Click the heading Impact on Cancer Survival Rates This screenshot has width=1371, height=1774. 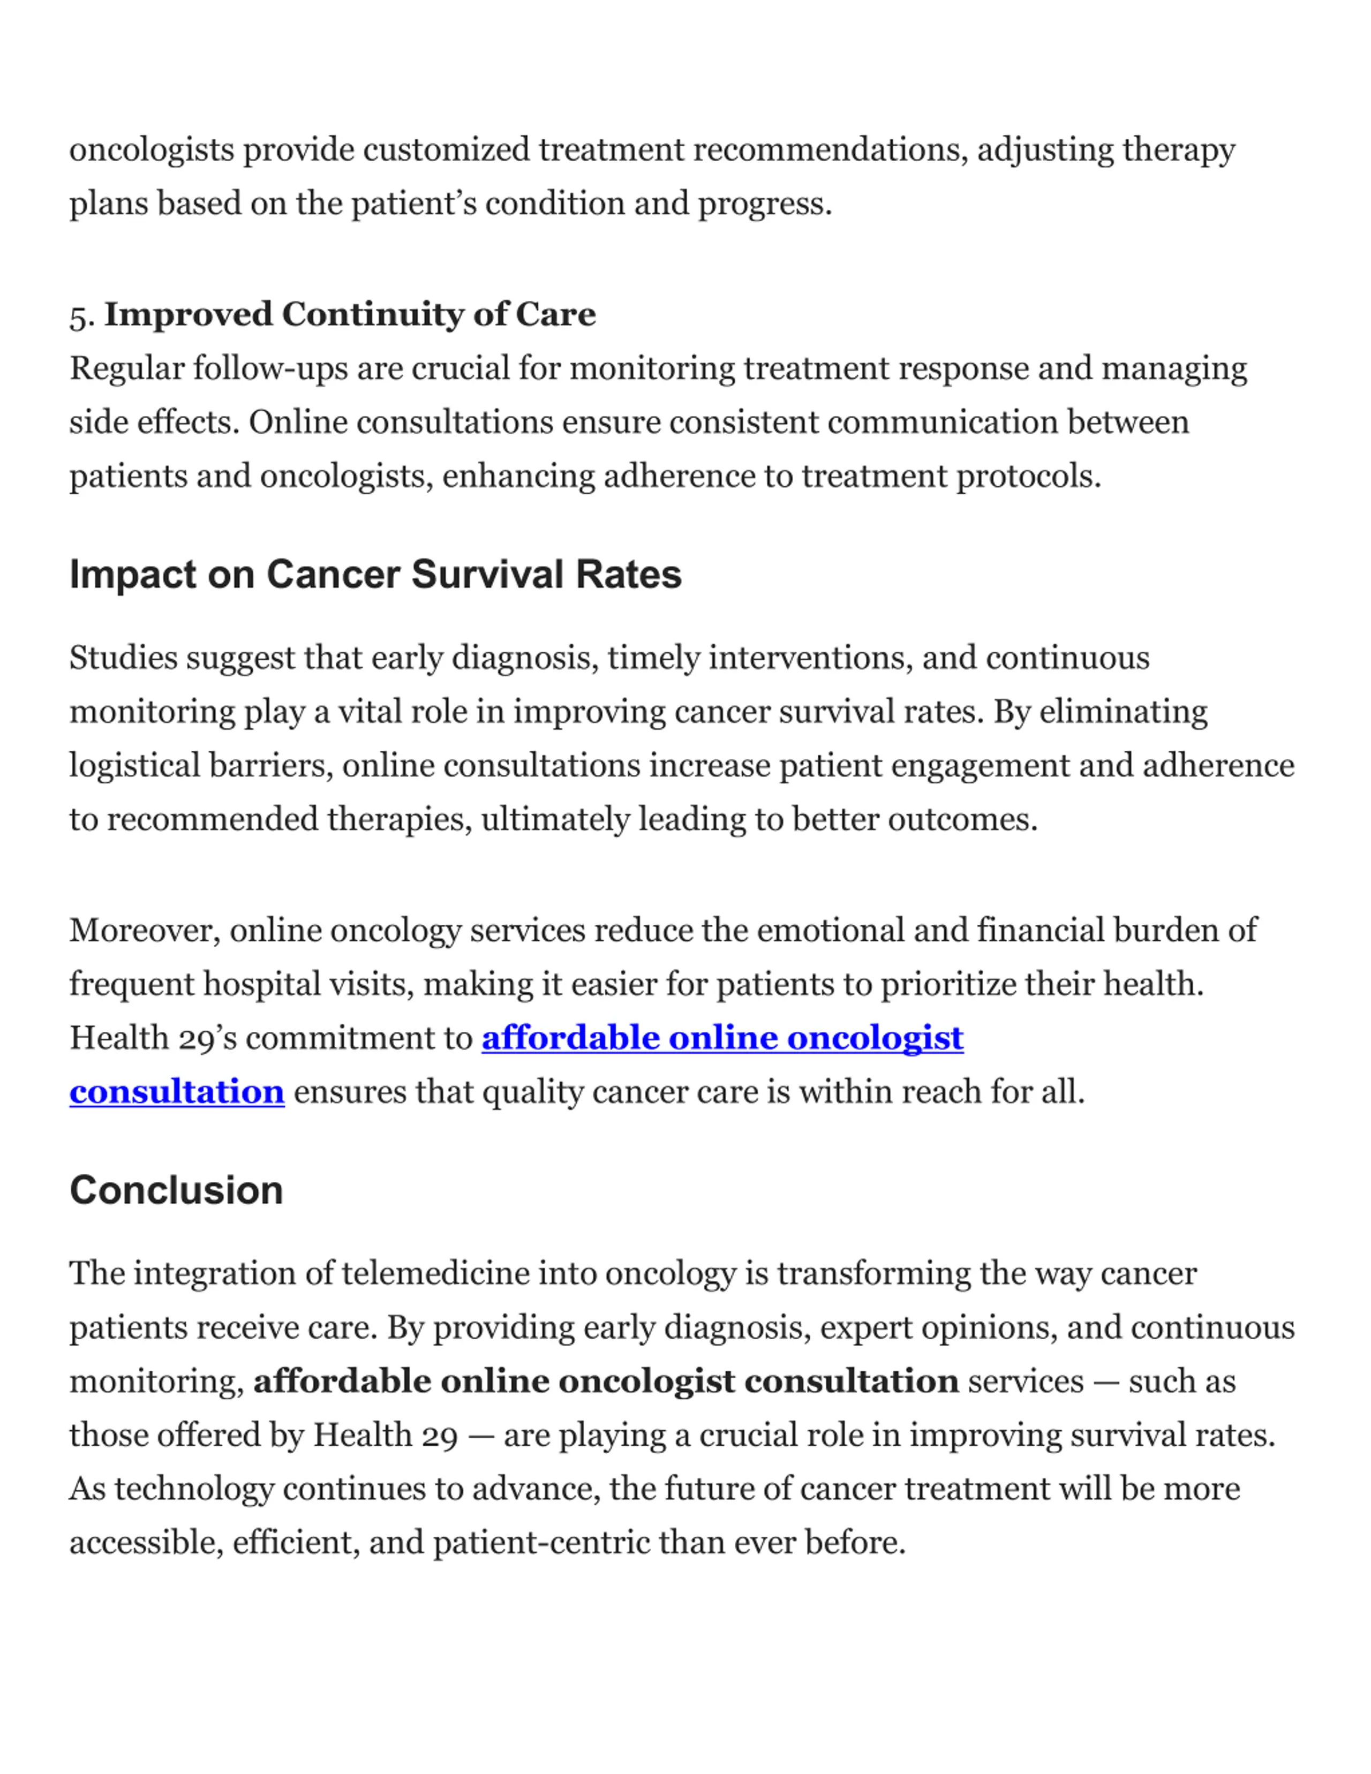375,575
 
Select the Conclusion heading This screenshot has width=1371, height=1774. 176,1191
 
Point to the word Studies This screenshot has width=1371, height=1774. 123,658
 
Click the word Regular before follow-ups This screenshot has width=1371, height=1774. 127,369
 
